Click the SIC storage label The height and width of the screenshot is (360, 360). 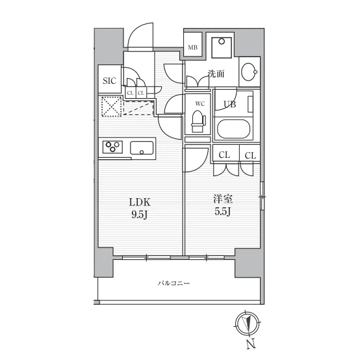[109, 81]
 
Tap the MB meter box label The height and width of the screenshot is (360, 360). [192, 47]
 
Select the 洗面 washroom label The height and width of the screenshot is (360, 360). [216, 73]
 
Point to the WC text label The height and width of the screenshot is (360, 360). [199, 104]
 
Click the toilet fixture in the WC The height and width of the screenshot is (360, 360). [198, 122]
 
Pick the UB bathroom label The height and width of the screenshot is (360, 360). [230, 104]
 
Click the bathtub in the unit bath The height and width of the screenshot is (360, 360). [233, 129]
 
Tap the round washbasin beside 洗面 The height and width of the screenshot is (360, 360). [250, 72]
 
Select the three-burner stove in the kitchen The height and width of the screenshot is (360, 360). [112, 147]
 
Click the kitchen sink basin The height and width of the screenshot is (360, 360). [142, 148]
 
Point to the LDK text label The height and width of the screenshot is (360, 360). [140, 203]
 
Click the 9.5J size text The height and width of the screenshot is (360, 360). [139, 215]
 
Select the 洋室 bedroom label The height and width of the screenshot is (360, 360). [223, 199]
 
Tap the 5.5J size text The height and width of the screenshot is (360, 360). [223, 212]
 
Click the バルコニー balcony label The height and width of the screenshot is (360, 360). [174, 283]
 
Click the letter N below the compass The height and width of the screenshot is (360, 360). [251, 344]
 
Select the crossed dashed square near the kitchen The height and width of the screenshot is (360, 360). [111, 107]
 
